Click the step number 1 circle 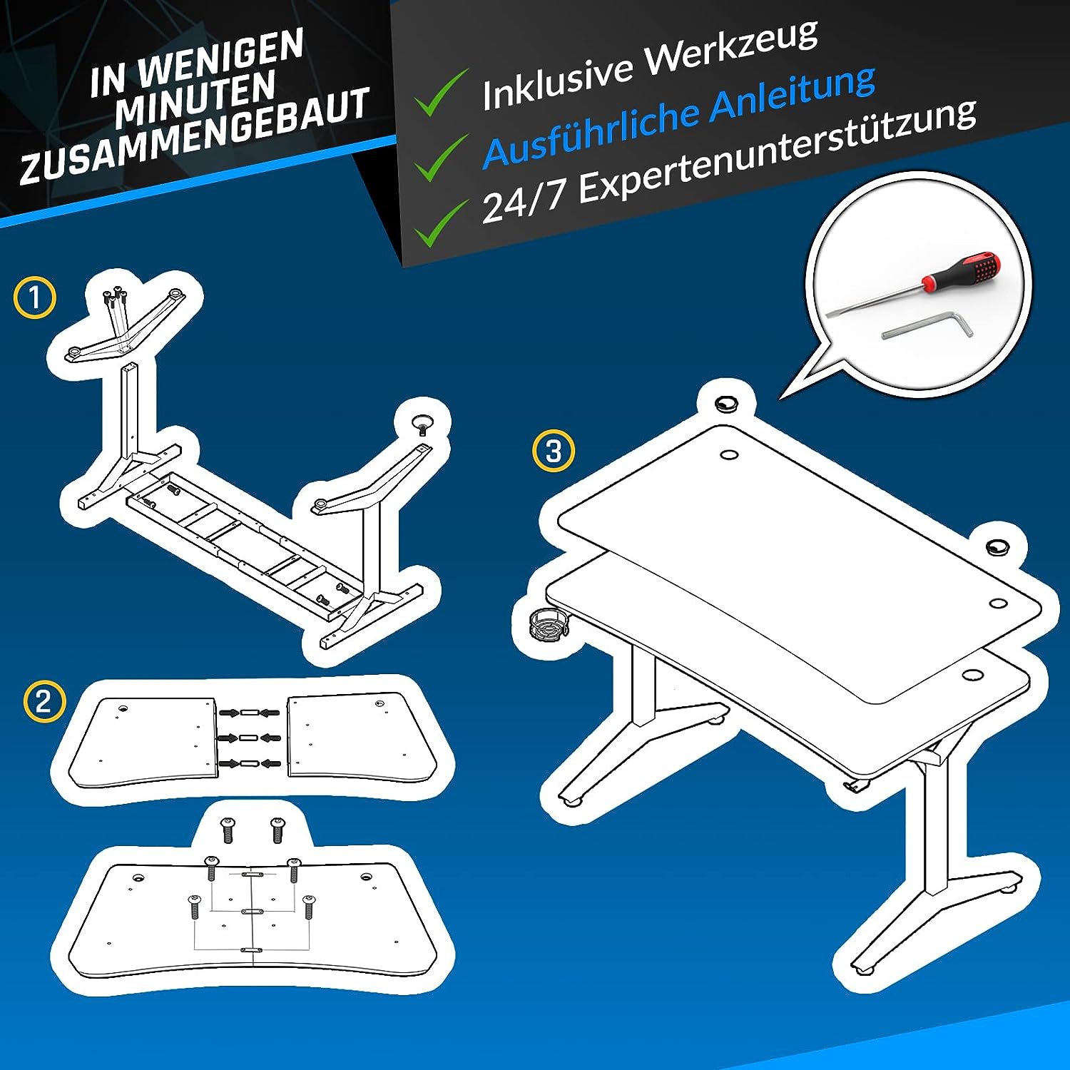[x=35, y=297]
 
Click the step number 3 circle [x=554, y=451]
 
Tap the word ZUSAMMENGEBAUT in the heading [x=195, y=136]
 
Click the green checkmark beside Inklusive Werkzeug [x=442, y=93]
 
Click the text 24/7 [x=524, y=203]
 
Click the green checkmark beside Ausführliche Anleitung [x=442, y=157]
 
